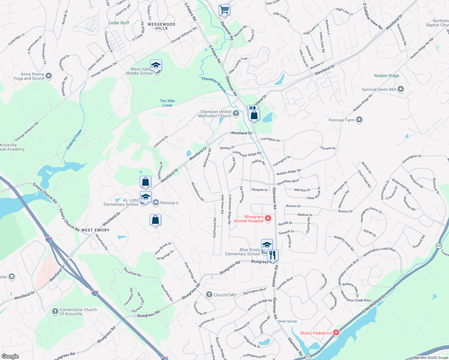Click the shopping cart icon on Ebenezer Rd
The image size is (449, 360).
click(224, 10)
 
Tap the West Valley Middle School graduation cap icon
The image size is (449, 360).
click(156, 65)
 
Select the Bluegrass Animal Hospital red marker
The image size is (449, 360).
click(268, 218)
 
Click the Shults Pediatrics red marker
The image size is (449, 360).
click(336, 332)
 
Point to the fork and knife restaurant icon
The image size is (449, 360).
click(272, 255)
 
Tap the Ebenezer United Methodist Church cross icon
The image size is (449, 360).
click(236, 113)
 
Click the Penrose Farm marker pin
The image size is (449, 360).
click(359, 120)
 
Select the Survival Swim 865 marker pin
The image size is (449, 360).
click(401, 89)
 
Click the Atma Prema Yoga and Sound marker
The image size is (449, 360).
click(49, 76)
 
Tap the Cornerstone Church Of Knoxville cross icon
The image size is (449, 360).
click(55, 311)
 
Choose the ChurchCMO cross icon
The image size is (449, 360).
click(209, 295)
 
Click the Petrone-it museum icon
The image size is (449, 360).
click(156, 203)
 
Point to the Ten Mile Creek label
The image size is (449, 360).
click(167, 103)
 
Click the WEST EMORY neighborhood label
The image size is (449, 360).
click(95, 230)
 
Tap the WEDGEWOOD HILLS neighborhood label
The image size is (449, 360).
click(161, 26)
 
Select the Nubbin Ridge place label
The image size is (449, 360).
click(387, 76)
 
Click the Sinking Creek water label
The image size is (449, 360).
click(74, 139)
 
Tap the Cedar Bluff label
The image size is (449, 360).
click(119, 23)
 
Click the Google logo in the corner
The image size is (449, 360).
click(10, 356)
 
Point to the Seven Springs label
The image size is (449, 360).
click(288, 321)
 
